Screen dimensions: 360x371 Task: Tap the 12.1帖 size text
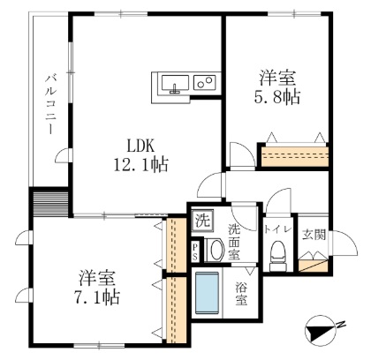point(140,165)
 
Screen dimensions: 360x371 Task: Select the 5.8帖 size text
point(275,96)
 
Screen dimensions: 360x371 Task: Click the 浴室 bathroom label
point(240,292)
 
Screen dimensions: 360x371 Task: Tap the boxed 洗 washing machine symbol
point(203,219)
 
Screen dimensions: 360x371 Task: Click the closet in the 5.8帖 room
point(293,157)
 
